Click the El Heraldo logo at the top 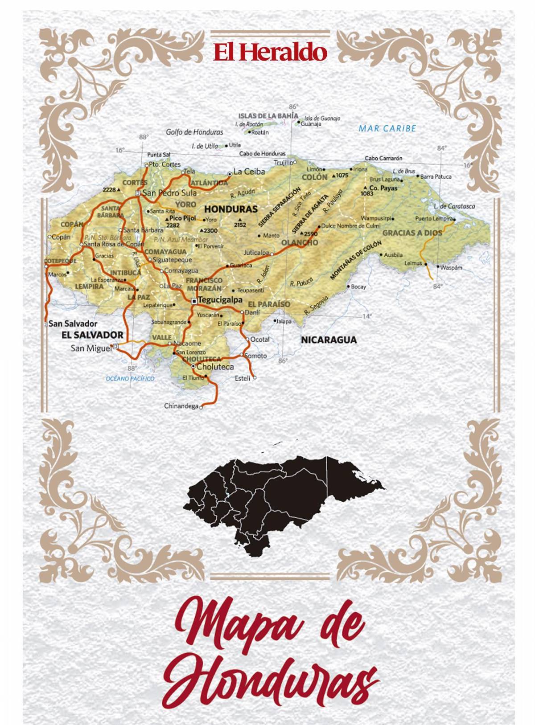pyautogui.click(x=270, y=52)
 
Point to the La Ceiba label pyautogui.click(x=249, y=172)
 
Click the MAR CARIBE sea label pyautogui.click(x=387, y=129)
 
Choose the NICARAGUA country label pyautogui.click(x=329, y=340)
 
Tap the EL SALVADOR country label pyautogui.click(x=92, y=335)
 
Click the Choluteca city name pyautogui.click(x=215, y=367)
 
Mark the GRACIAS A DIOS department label pyautogui.click(x=412, y=233)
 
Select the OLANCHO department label pyautogui.click(x=299, y=243)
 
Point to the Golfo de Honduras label pyautogui.click(x=194, y=132)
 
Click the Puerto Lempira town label pyautogui.click(x=433, y=219)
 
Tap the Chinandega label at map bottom pyautogui.click(x=181, y=406)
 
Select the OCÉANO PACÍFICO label pyautogui.click(x=130, y=379)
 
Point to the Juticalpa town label pyautogui.click(x=256, y=253)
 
